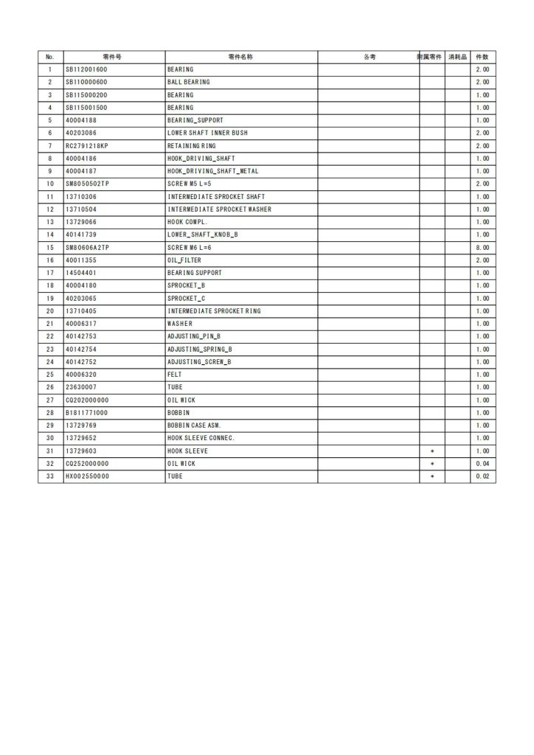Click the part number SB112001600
pos(86,69)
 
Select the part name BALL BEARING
pos(188,82)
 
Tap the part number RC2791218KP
pos(86,146)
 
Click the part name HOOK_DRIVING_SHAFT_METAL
pos(202,171)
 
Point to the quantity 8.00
pos(482,247)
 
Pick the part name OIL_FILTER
pos(184,260)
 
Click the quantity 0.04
pos(482,464)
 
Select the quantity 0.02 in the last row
pos(482,476)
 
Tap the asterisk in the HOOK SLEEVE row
pos(431,451)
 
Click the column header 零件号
pos(113,57)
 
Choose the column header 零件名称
pos(240,57)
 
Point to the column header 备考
pos(370,57)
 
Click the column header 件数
pos(482,57)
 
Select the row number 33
pos(50,476)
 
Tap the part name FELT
pos(174,375)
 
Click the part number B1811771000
pos(86,413)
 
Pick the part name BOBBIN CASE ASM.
pos(194,425)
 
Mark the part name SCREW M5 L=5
pos(190,184)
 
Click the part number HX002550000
pos(86,476)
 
